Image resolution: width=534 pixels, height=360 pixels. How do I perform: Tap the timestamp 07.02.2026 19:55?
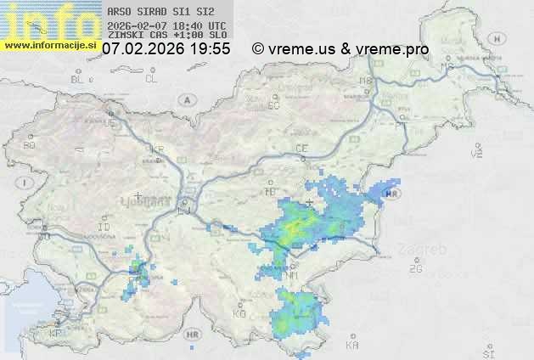pos(166,49)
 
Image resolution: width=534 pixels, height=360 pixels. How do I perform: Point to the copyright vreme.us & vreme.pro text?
pos(340,49)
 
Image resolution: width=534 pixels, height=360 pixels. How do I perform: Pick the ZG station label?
pos(415,269)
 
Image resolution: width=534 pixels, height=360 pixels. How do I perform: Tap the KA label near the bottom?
pos(352,346)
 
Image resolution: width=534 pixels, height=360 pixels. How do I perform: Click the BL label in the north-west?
pos(78,79)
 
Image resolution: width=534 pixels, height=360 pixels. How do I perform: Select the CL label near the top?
pos(151,79)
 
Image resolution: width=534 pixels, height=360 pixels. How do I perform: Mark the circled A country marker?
pos(186,98)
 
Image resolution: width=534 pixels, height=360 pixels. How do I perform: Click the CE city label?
pos(301,149)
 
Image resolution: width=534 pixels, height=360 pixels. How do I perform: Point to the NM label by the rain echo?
pos(292,275)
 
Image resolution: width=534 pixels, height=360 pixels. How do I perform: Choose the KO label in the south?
pos(239,314)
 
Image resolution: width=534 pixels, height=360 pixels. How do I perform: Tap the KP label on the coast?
pos(56,333)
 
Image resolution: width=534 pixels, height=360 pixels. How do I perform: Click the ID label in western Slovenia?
pos(104,228)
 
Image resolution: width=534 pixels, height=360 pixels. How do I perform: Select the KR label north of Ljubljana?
pos(156,149)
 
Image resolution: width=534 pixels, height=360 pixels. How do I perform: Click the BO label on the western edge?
pos(30,145)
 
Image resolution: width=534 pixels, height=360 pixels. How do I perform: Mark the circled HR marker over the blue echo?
pos(391,194)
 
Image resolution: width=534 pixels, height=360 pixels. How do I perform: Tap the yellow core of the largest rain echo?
pos(297,228)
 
